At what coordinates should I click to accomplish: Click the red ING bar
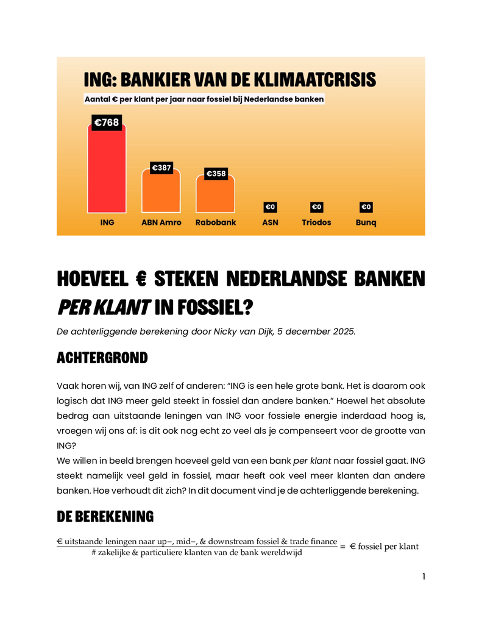107,171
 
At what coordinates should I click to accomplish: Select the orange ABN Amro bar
161,192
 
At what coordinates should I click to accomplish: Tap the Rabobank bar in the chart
215,195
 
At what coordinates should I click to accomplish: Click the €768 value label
107,123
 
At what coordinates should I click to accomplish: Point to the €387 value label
161,168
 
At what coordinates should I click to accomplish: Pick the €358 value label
215,174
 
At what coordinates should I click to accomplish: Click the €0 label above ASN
270,207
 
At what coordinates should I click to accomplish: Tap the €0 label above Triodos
316,207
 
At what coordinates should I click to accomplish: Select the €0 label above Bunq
366,207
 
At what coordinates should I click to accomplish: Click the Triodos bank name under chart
316,222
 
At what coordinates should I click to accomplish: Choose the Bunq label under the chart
366,222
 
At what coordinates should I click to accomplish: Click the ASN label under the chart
270,222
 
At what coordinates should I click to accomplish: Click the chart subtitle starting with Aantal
204,98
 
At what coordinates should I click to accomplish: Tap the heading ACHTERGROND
102,358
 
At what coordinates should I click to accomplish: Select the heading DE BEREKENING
105,517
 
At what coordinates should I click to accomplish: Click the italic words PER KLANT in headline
104,308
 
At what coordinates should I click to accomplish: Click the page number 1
423,576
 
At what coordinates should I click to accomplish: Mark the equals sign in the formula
343,547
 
